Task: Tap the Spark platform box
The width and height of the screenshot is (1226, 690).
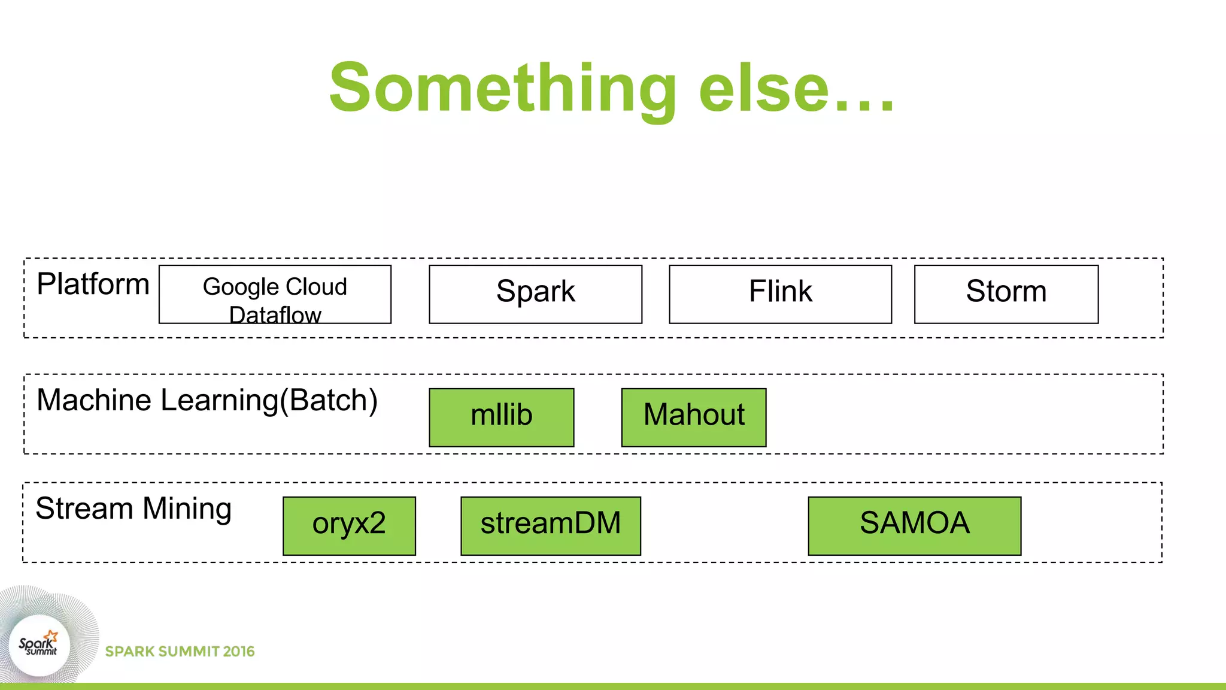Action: point(535,294)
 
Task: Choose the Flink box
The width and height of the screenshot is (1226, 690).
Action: point(780,294)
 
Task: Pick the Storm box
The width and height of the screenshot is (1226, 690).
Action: point(1006,294)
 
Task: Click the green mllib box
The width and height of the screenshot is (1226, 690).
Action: point(501,417)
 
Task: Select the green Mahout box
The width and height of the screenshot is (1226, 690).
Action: point(693,417)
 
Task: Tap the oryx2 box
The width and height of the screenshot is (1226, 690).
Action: point(349,526)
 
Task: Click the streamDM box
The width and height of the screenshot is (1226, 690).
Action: point(550,526)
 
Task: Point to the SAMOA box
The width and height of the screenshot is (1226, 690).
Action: point(914,526)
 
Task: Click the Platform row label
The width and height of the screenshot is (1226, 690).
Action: point(93,285)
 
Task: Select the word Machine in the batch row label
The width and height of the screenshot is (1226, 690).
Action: point(96,400)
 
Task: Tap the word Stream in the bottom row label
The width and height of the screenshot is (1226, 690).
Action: point(84,509)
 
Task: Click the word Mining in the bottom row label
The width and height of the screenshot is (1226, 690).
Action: point(187,510)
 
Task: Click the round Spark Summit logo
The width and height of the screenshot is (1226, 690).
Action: point(40,646)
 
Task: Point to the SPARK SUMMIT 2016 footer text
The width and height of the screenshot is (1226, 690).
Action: point(180,652)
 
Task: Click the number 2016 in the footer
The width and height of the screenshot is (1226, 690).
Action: point(238,652)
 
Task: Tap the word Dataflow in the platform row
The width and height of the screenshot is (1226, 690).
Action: point(275,315)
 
